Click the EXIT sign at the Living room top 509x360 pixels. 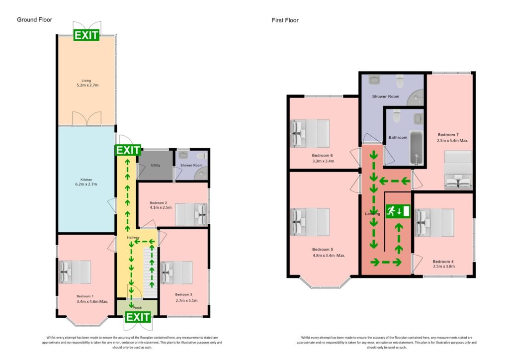(x=86, y=35)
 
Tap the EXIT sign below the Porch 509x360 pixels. (x=138, y=317)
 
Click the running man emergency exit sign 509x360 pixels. (x=398, y=211)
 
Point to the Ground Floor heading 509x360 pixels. (x=34, y=20)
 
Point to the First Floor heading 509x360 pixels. (x=285, y=20)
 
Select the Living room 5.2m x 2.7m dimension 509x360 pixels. (x=87, y=85)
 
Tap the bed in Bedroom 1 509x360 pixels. (x=75, y=272)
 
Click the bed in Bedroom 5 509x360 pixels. (x=310, y=221)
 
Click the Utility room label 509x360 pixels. (x=155, y=166)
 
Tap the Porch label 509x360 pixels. (x=137, y=307)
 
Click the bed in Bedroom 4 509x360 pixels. (x=435, y=222)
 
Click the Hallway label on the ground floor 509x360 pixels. (x=132, y=238)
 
